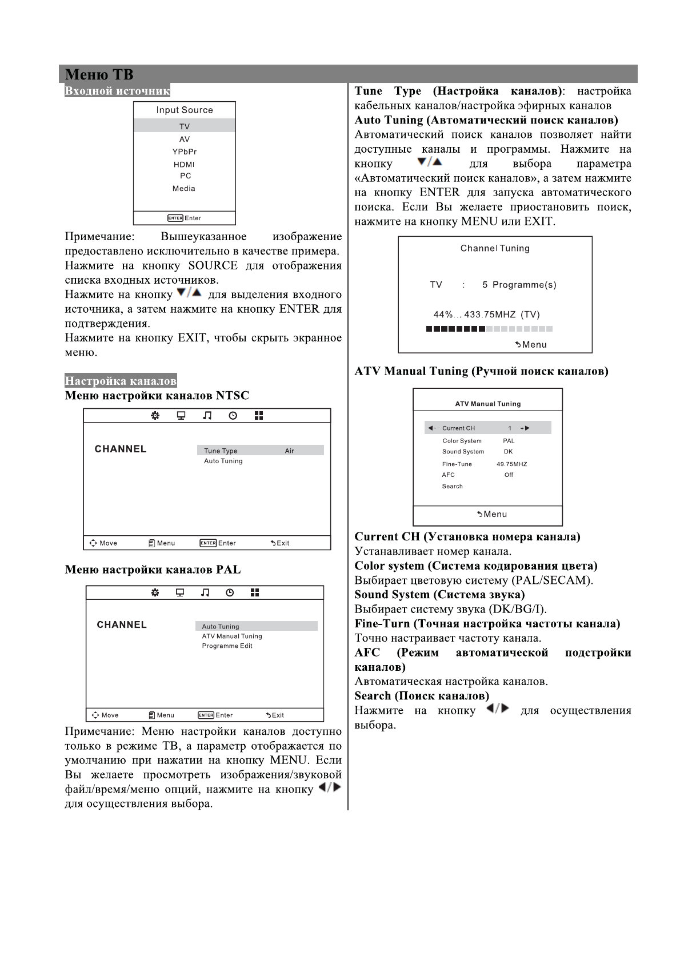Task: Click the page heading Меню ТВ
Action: (99, 75)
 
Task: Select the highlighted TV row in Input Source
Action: (184, 126)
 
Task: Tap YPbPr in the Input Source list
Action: (184, 152)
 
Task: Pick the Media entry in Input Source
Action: (184, 189)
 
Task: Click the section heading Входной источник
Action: (117, 91)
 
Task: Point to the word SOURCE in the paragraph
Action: (213, 266)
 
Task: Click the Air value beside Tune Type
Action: (289, 451)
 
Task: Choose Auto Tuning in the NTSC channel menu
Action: (223, 461)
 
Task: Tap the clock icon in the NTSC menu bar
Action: (233, 416)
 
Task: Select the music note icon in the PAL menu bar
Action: (205, 592)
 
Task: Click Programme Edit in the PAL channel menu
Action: (227, 646)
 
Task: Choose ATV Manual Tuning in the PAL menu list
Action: (231, 636)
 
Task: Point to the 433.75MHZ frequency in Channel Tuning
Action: (490, 315)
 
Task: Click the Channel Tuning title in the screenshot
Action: (495, 248)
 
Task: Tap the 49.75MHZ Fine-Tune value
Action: (511, 464)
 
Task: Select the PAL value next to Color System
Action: (509, 441)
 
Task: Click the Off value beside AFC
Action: (509, 475)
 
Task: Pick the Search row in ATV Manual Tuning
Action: (452, 486)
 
